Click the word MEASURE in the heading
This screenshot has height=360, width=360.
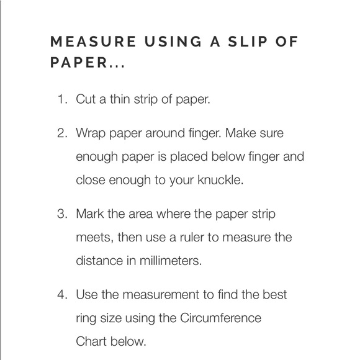93,42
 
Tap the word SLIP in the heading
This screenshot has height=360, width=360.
248,42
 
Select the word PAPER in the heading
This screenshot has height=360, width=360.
79,63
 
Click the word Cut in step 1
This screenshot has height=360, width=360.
86,99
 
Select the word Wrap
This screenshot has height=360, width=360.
91,134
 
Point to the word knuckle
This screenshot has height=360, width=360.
220,180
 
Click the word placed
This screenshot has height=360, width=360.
189,157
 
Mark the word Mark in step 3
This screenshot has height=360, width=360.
90,214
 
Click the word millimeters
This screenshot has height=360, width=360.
171,261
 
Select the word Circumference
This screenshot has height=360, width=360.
220,318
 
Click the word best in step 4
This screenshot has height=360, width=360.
275,295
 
